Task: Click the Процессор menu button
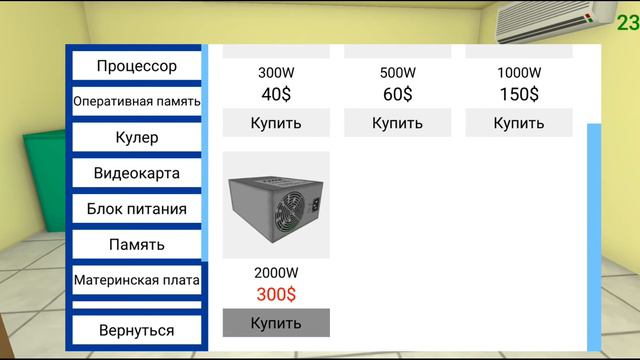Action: (x=137, y=66)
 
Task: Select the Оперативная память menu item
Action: (x=137, y=101)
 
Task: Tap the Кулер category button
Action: (x=137, y=137)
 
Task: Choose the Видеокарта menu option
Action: (x=137, y=173)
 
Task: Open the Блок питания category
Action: (x=137, y=209)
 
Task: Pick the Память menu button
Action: (x=137, y=244)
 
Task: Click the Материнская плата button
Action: (x=137, y=280)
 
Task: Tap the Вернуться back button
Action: (x=137, y=330)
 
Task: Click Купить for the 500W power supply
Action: (x=397, y=123)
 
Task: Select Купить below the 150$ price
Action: (x=519, y=123)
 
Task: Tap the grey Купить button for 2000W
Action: (x=276, y=323)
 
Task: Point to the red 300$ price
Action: (x=276, y=295)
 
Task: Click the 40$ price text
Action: (x=276, y=94)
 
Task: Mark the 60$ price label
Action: (x=397, y=94)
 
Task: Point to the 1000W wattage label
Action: (x=519, y=73)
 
